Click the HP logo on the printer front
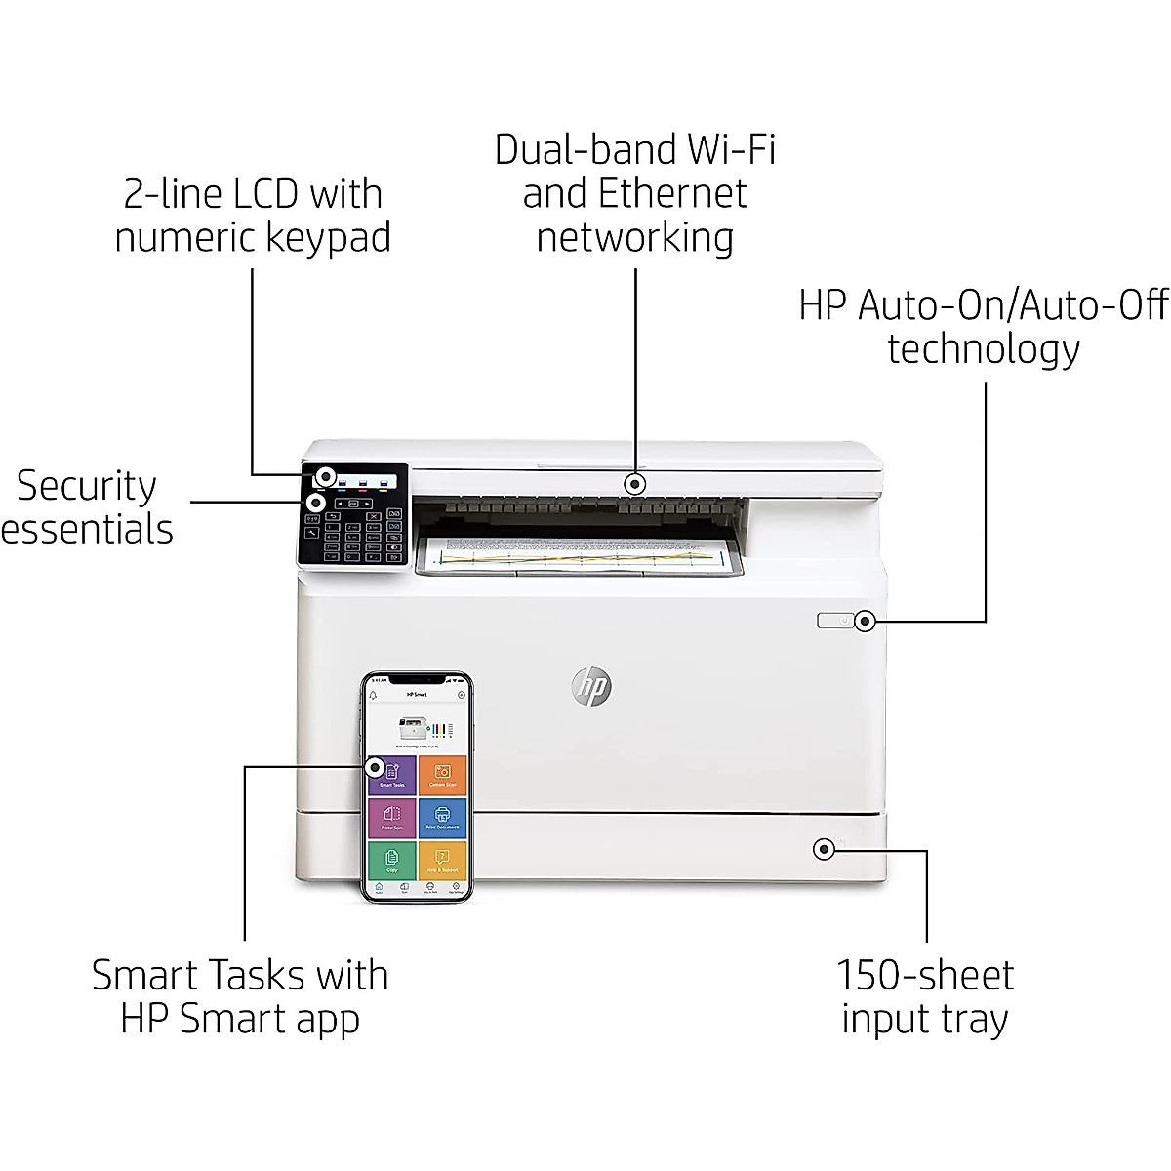[x=590, y=687]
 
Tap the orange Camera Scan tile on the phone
[x=443, y=775]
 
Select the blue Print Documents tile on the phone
[x=443, y=818]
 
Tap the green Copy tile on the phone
[x=392, y=860]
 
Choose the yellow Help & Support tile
[x=443, y=860]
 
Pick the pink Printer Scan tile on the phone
[x=392, y=818]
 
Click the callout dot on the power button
[x=864, y=621]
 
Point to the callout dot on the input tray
[x=825, y=849]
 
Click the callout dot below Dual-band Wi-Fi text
[x=635, y=483]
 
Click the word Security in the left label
[x=86, y=486]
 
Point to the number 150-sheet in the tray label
[x=924, y=975]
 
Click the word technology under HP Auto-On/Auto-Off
[x=983, y=349]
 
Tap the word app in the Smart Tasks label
[x=333, y=1019]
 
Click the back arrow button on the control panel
[x=334, y=516]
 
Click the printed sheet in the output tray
[x=581, y=557]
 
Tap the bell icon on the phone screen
[x=373, y=695]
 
